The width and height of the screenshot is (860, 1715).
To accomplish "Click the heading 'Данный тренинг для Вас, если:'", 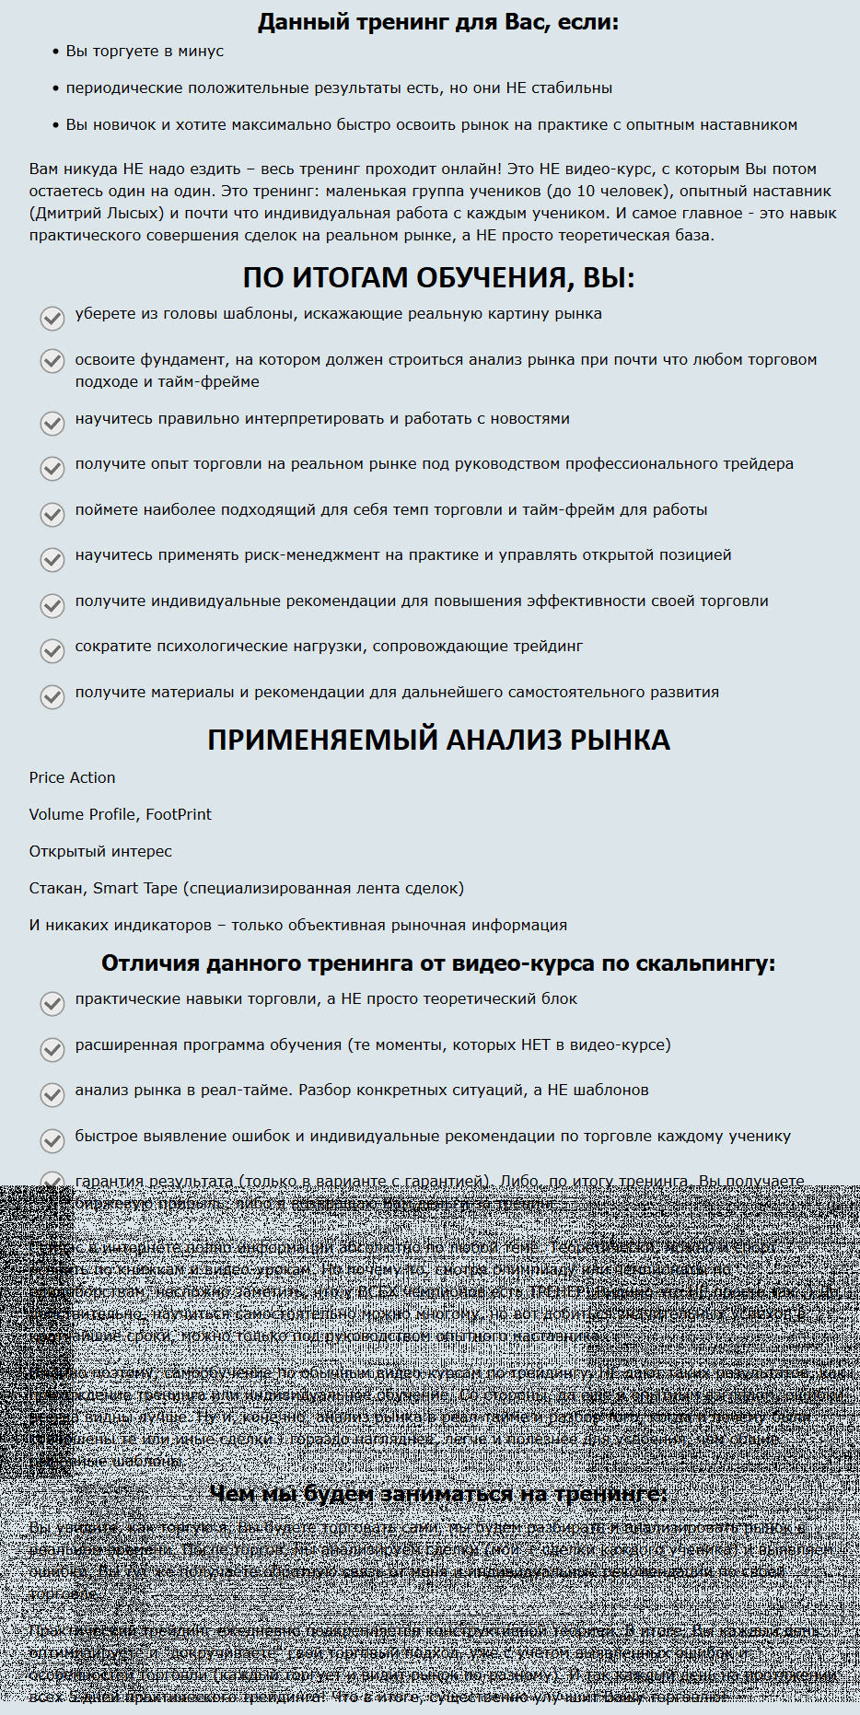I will pyautogui.click(x=438, y=22).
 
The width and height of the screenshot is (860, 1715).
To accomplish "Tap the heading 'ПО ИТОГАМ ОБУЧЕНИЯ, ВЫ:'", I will pyautogui.click(x=438, y=277).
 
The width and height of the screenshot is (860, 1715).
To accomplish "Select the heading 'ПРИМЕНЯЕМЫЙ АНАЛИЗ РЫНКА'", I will pyautogui.click(x=438, y=740).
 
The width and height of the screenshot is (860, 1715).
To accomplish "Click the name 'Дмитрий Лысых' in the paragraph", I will pyautogui.click(x=99, y=213).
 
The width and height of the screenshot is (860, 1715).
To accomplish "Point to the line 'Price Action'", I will pyautogui.click(x=72, y=777).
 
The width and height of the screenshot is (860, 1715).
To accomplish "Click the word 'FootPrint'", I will pyautogui.click(x=179, y=814).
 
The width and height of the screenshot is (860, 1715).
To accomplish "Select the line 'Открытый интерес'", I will pyautogui.click(x=100, y=851).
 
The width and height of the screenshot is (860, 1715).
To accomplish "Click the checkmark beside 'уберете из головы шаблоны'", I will pyautogui.click(x=52, y=318).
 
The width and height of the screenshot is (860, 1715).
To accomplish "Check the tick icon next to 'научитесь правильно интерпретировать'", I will pyautogui.click(x=52, y=423).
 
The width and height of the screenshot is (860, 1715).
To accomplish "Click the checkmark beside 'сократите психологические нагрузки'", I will pyautogui.click(x=52, y=650).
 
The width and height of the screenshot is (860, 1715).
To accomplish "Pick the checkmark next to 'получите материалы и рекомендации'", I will pyautogui.click(x=52, y=696).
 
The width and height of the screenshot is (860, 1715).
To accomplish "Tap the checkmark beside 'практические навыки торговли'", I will pyautogui.click(x=52, y=1003).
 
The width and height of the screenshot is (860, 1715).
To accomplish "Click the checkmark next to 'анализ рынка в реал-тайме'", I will pyautogui.click(x=52, y=1094).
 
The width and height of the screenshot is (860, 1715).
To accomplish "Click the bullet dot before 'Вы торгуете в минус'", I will pyautogui.click(x=56, y=52).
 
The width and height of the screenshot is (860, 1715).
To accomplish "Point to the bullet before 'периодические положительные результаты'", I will pyautogui.click(x=56, y=88).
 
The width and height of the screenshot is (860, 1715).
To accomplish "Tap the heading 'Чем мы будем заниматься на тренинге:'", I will pyautogui.click(x=438, y=1493).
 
